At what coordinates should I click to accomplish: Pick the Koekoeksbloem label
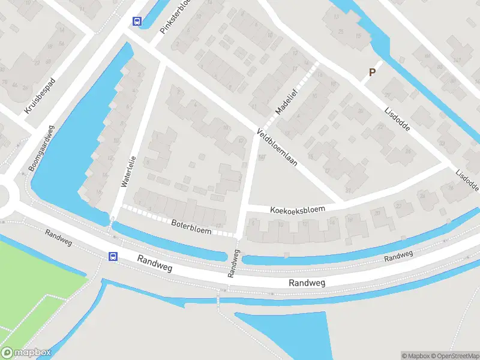click(298, 209)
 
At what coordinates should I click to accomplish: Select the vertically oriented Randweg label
click(233, 263)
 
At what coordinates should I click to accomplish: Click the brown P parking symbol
click(372, 73)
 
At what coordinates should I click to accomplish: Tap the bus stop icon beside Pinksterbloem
click(137, 21)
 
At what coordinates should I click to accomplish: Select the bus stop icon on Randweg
click(113, 256)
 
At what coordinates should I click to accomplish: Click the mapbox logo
click(26, 353)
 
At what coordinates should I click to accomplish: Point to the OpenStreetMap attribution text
click(454, 355)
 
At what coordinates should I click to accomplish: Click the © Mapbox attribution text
click(415, 355)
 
